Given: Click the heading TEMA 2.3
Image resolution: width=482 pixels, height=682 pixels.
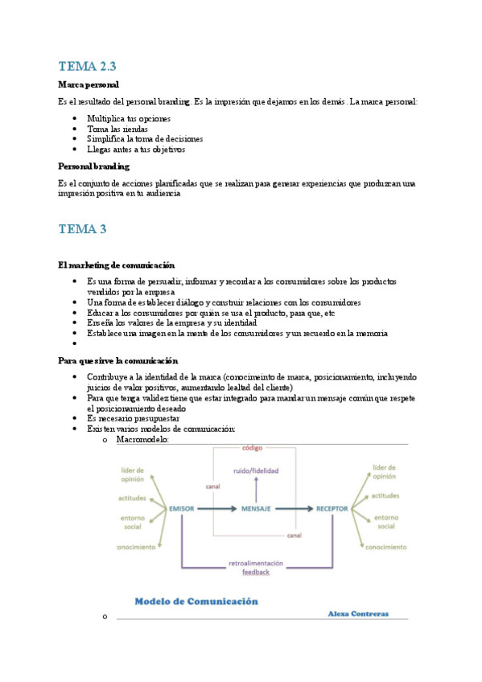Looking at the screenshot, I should (93, 66).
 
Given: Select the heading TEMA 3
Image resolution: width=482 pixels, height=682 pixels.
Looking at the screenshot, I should (82, 229).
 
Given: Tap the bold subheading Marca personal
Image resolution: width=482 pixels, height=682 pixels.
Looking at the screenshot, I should (89, 84).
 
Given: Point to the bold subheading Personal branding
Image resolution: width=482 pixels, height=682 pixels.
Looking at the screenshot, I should (94, 166).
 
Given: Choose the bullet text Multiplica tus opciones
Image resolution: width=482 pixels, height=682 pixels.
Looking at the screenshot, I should (129, 118).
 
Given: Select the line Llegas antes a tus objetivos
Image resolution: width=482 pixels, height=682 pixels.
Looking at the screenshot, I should (136, 149).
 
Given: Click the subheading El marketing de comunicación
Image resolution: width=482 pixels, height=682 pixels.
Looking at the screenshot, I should (117, 265).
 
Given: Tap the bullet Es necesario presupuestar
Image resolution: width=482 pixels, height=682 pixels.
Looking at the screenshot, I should (133, 418).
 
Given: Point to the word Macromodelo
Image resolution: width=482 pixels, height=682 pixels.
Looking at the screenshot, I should (142, 440).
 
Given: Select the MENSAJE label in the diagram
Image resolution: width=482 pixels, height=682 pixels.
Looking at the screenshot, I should (256, 509).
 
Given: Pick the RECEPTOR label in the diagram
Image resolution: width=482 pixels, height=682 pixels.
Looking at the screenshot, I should (332, 509).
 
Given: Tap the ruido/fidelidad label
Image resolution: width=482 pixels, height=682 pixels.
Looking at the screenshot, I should (256, 470).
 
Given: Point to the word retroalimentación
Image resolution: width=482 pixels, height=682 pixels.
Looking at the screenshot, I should (256, 562).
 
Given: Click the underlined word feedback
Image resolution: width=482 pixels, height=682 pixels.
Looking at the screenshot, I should (256, 572).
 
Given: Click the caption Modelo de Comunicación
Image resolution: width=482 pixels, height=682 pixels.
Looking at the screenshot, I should (196, 601).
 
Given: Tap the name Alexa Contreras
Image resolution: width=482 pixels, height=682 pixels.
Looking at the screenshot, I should (358, 614).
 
